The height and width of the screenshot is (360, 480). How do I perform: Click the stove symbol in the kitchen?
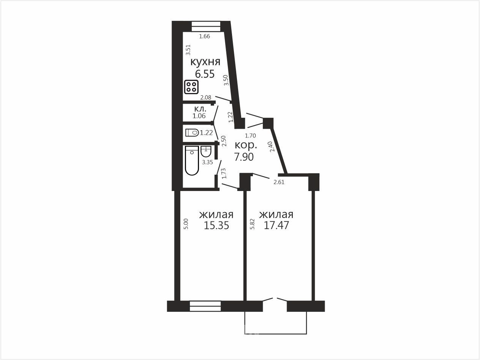191,87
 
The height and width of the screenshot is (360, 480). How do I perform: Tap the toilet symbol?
192,133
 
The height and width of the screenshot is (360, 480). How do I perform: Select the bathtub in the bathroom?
192,161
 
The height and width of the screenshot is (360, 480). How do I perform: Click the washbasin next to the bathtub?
206,152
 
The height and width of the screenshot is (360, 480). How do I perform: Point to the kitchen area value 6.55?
205,74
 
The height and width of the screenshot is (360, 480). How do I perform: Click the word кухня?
205,62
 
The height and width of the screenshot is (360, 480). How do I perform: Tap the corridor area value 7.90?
244,157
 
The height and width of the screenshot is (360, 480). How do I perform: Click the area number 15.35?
216,225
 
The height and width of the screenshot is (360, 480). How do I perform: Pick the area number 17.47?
276,225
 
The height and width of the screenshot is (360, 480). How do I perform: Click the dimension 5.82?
253,224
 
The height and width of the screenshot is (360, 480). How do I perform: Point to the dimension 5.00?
186,224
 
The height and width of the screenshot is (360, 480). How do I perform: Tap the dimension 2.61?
279,182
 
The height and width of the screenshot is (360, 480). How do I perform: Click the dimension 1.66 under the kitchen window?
204,36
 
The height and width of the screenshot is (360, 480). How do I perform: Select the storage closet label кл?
200,109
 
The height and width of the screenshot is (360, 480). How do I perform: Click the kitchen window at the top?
206,26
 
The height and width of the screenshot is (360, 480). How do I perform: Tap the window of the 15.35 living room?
205,306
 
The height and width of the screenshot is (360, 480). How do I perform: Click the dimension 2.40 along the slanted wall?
271,147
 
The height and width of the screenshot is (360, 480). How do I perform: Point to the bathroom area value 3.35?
207,162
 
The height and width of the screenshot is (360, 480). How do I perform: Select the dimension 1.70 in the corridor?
250,136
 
